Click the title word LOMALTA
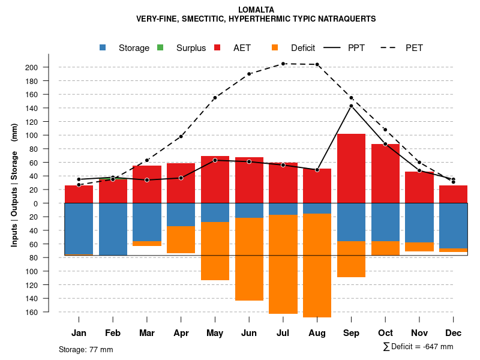pos(256,10)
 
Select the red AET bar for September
pos(351,168)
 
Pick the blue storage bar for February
pos(113,229)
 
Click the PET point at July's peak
pos(283,64)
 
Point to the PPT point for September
pos(351,106)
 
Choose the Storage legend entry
pos(126,48)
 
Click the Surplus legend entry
pos(184,48)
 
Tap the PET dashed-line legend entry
pos(402,48)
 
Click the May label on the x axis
pos(215,333)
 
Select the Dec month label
pos(453,333)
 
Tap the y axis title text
pos(14,185)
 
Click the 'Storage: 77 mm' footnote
pos(86,349)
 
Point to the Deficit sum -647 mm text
pos(418,346)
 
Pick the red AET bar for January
pos(79,194)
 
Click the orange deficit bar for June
pos(249,259)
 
